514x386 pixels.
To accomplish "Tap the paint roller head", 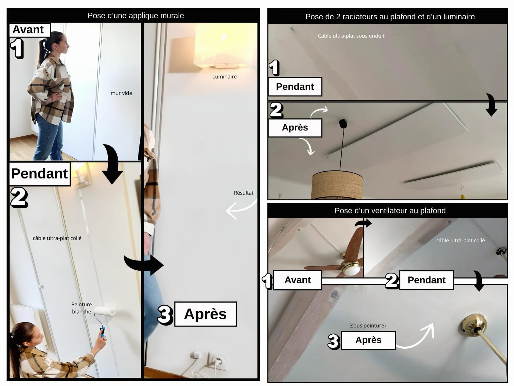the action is click(105, 311).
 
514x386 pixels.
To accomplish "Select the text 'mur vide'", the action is click(121, 93).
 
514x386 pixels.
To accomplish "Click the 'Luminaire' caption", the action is click(224, 76).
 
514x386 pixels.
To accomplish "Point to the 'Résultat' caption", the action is click(244, 193).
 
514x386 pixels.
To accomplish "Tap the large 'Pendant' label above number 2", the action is click(40, 174).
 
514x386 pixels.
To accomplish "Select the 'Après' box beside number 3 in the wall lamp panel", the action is click(205, 314).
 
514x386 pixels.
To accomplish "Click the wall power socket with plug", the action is click(217, 362).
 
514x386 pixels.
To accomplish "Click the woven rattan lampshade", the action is click(337, 185).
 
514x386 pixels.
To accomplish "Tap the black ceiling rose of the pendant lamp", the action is click(343, 123).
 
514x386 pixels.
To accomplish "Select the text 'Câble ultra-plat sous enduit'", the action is click(351, 36).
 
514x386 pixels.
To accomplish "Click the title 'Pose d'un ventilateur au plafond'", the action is click(390, 210).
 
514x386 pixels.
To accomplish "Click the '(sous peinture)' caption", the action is click(367, 326).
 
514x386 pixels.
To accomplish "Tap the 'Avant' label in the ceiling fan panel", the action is click(297, 280).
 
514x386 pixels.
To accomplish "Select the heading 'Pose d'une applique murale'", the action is click(136, 16).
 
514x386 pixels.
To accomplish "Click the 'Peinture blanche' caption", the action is click(82, 308).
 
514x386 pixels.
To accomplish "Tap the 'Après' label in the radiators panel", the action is click(295, 128).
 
